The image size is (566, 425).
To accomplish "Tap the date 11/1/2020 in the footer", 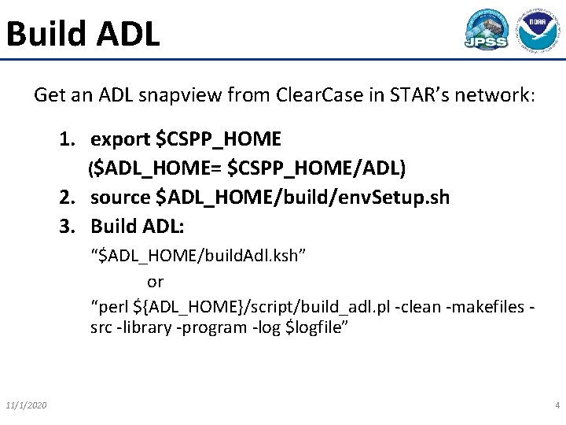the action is pyautogui.click(x=25, y=405).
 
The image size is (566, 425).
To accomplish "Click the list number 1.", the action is pyautogui.click(x=68, y=139).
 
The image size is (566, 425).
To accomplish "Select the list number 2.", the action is pyautogui.click(x=68, y=197).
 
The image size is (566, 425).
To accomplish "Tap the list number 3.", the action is pyautogui.click(x=68, y=226).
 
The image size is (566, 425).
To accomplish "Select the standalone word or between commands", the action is pyautogui.click(x=155, y=281).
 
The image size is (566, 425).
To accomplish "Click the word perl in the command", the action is pyautogui.click(x=112, y=306).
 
